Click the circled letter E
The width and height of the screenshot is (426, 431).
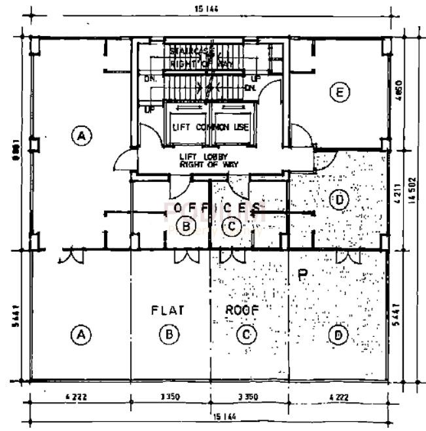pos(338,94)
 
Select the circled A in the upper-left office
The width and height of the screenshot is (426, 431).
pos(81,136)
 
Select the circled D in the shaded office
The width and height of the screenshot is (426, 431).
pos(338,199)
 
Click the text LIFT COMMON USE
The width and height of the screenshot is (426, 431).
pos(210,127)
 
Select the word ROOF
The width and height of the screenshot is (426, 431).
pos(243,309)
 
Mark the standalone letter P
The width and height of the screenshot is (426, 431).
pos(302,275)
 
